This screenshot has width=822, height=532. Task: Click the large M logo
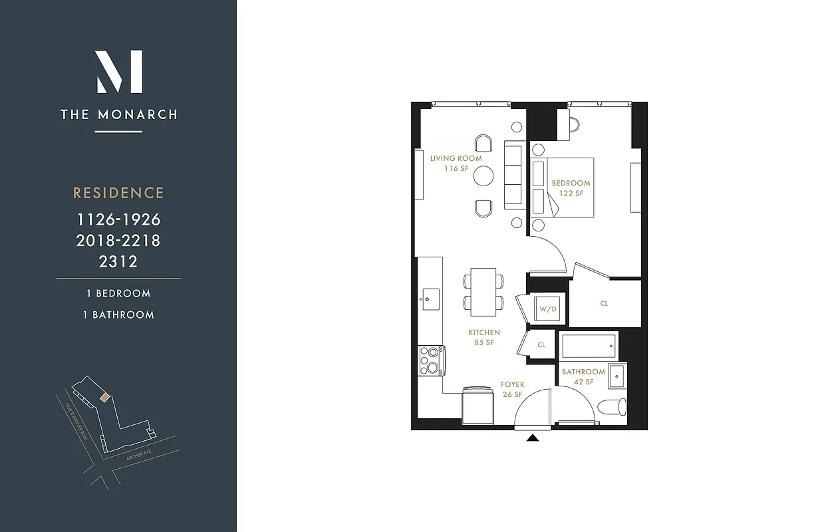tap(119, 72)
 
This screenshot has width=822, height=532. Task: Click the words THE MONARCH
tap(119, 114)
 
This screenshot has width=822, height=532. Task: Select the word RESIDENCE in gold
tap(118, 193)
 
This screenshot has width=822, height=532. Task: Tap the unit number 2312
tap(118, 261)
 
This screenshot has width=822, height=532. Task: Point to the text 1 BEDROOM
tap(118, 293)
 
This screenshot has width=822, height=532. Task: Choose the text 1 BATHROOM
tap(118, 315)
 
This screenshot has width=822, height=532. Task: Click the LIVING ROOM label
tap(456, 158)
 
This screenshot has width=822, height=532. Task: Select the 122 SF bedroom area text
tap(571, 194)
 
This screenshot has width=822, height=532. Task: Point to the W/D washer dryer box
tap(547, 309)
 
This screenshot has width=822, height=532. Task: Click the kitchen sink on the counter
tap(430, 295)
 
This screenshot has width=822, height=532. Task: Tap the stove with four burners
tap(431, 360)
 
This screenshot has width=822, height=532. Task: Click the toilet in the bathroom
tap(612, 406)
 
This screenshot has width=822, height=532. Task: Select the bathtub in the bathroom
tap(589, 346)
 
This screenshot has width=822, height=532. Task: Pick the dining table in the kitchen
tap(483, 292)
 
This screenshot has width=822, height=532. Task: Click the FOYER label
tap(512, 384)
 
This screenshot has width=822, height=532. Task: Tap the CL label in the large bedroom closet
tap(604, 303)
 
